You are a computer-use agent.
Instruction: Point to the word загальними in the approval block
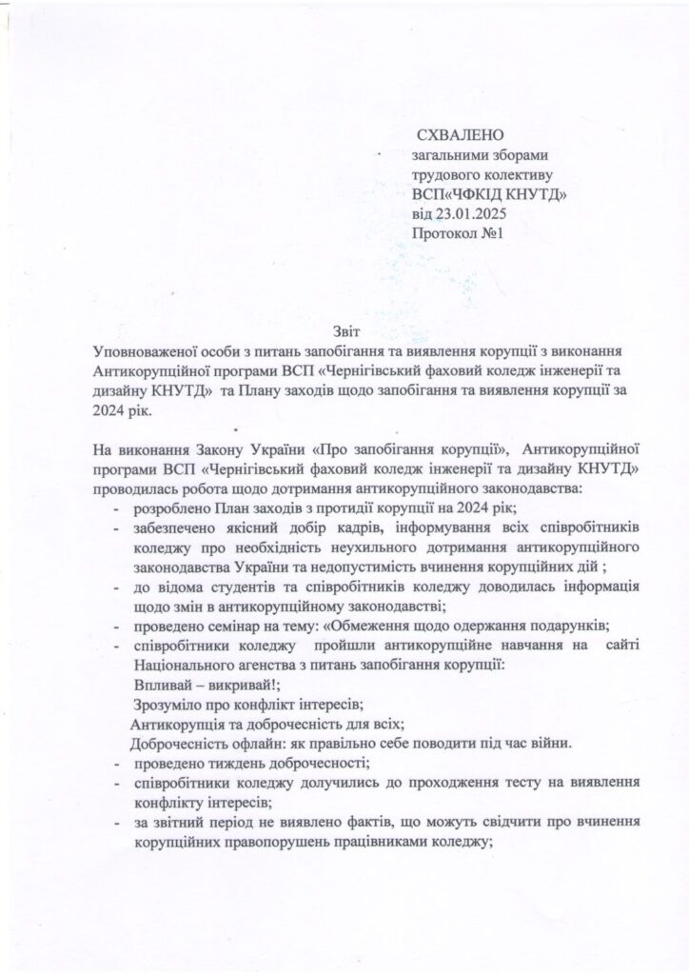[x=451, y=156]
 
